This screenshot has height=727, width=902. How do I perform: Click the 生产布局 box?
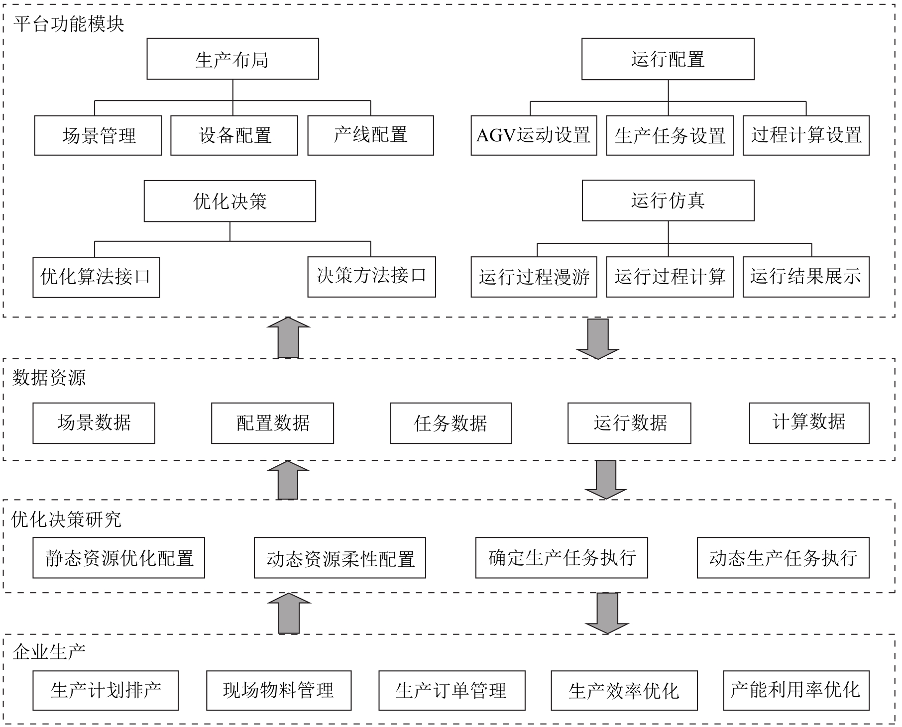pos(232,59)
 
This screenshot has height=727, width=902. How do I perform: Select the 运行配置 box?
pos(668,59)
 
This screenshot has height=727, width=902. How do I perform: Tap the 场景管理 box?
pos(98,135)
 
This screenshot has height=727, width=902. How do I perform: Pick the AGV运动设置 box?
pos(534,135)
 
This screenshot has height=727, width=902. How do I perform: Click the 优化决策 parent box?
pos(230,201)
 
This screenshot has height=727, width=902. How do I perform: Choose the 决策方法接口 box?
pos(371,277)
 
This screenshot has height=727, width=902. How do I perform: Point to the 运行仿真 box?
pos(668,201)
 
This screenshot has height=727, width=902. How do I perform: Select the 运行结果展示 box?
pos(806,277)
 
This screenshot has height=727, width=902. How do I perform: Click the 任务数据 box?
pos(451,423)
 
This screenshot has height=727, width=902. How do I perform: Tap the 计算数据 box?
pos(809,423)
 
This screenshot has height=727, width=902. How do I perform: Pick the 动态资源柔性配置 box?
pos(340,558)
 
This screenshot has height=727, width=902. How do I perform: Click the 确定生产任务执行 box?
pos(562,558)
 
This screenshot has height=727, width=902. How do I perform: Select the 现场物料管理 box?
pos(279,691)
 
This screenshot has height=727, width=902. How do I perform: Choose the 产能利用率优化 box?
pos(796,691)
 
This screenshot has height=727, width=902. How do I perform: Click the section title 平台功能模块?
pos(69,24)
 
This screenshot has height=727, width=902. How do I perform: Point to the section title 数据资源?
pos(49,378)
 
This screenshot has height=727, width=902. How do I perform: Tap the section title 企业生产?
pos(49,651)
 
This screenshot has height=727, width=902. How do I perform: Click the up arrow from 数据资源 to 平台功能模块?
pos(288,337)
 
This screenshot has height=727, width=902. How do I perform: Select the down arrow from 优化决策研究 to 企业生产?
pos(607,613)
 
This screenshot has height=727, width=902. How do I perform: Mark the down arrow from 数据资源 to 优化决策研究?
pos(606,480)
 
